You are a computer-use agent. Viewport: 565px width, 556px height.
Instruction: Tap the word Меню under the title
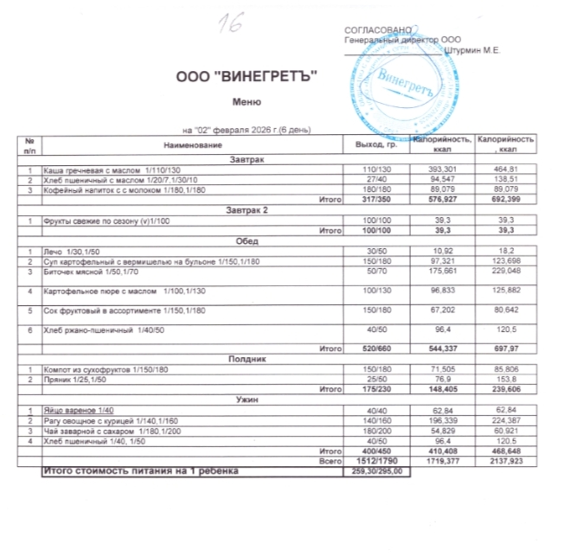click(x=247, y=101)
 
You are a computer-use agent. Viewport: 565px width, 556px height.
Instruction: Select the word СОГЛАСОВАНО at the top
click(x=373, y=31)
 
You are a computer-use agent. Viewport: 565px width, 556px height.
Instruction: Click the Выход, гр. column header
click(x=366, y=144)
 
